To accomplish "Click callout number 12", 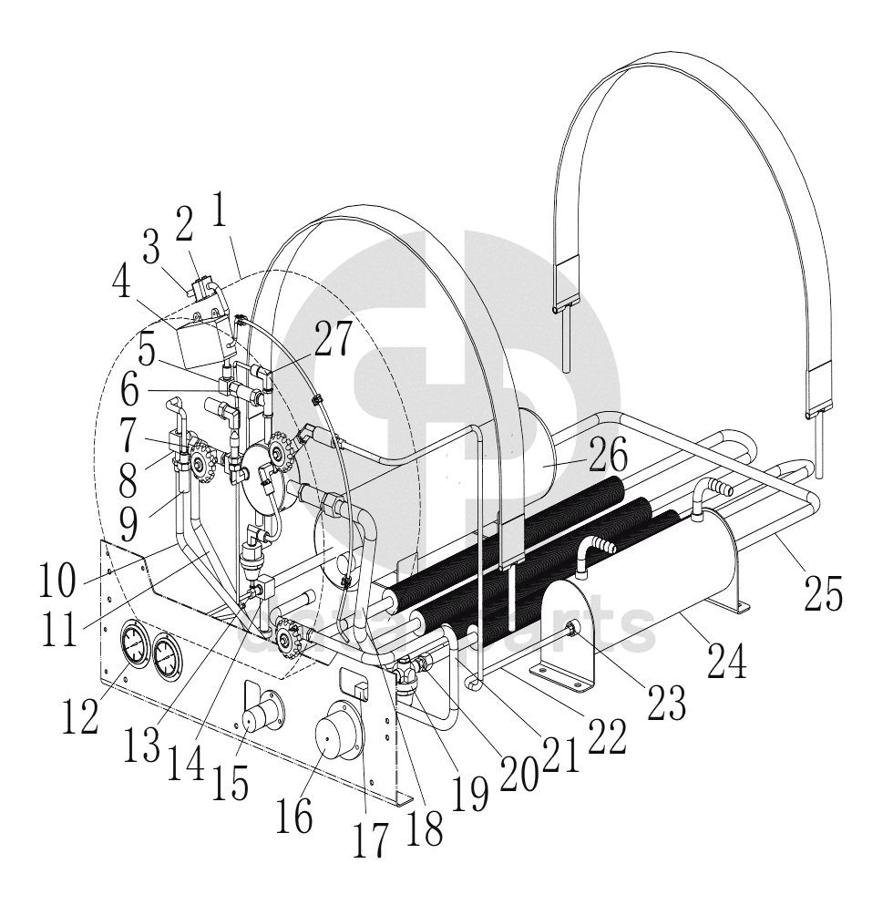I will (80, 715).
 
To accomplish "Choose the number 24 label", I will (726, 660).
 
